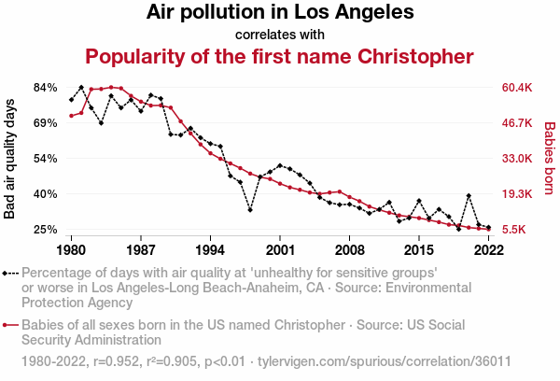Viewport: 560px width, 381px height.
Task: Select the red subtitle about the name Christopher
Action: (x=280, y=56)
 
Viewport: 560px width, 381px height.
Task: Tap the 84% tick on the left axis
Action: (x=46, y=88)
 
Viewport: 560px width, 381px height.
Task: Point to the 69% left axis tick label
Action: (x=46, y=123)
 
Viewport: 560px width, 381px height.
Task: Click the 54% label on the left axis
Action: (x=46, y=159)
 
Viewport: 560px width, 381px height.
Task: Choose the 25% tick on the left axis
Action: (x=46, y=230)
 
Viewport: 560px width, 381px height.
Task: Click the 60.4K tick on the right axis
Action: (x=516, y=88)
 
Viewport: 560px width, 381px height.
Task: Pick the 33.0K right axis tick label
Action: (x=516, y=159)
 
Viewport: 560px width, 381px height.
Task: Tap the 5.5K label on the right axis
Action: (x=516, y=230)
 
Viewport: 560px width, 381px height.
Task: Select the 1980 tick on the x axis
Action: (x=72, y=250)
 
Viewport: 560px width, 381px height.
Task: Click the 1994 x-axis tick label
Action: (x=210, y=250)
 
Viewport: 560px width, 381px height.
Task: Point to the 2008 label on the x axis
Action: (x=349, y=250)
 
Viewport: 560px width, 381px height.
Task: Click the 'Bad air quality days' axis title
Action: (x=11, y=158)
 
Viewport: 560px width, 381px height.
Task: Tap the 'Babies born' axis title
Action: (x=550, y=158)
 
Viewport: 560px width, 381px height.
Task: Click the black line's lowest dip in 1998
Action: (x=250, y=210)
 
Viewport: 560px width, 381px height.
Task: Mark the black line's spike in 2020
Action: (x=469, y=196)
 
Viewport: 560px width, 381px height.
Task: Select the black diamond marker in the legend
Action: (x=7, y=274)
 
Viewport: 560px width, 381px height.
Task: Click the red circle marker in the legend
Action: (x=7, y=326)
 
